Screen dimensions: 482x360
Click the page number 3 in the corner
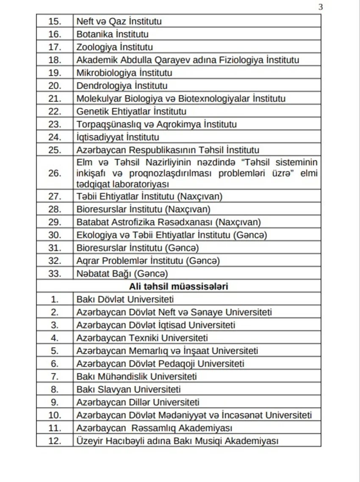(x=320, y=7)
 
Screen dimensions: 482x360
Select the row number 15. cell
(x=55, y=21)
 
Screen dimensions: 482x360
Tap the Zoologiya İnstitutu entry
(x=114, y=47)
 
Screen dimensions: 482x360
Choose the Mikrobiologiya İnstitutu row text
(x=124, y=73)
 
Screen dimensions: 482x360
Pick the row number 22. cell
(x=55, y=112)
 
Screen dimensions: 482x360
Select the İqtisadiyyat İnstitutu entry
(x=117, y=138)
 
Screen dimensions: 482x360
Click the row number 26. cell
(x=55, y=173)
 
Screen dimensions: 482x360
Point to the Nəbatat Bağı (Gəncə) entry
(x=122, y=274)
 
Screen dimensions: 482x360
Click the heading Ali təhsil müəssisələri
(x=178, y=286)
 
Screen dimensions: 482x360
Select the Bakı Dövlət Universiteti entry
(x=125, y=300)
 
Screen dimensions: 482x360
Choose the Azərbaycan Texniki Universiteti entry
(x=142, y=338)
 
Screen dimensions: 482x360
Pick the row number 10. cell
(x=55, y=416)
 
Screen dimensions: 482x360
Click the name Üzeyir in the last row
(x=90, y=441)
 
